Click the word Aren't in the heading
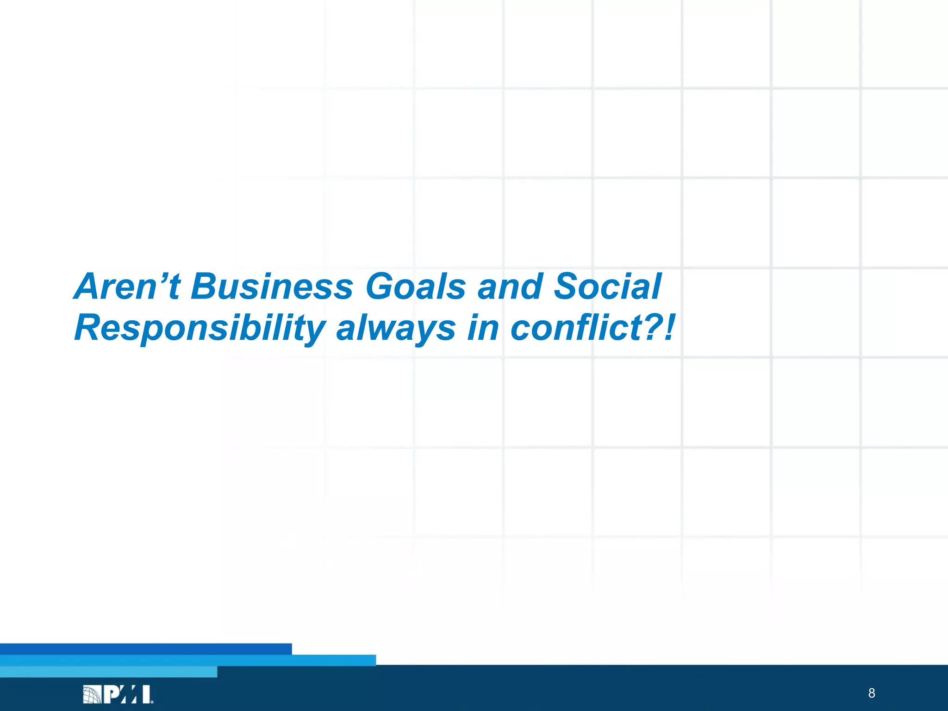pos(126,287)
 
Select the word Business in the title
pos(272,287)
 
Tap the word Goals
pos(415,287)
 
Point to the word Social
pos(608,287)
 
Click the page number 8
pos(872,693)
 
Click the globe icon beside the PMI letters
pos(92,695)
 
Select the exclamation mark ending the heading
pos(669,328)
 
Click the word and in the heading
pos(510,287)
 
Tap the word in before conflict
pos(483,328)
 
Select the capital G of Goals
pos(382,287)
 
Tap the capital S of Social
pos(568,287)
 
